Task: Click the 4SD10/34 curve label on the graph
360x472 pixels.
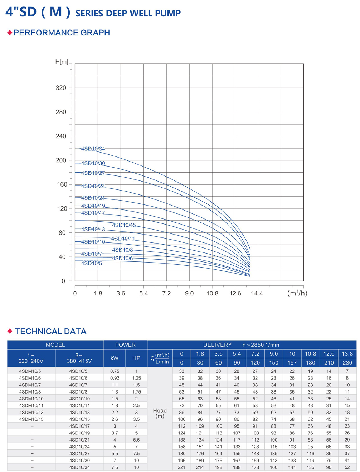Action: (93, 149)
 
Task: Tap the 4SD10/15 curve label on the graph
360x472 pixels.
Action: (124, 225)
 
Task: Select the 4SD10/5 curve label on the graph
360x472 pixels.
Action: (92, 263)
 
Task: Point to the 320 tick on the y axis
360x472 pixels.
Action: (61, 88)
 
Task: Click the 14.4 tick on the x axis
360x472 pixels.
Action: (257, 293)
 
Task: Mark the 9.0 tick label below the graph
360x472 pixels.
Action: (189, 293)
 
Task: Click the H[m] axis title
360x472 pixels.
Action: (62, 62)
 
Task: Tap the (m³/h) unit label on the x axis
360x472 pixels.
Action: (297, 293)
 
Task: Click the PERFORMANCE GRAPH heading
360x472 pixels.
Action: (62, 33)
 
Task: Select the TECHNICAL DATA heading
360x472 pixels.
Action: (51, 331)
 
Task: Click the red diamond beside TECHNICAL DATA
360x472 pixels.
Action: (10, 331)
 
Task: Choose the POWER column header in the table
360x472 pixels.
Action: (125, 345)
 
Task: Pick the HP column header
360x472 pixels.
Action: (136, 358)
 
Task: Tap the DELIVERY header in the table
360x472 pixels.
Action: (218, 345)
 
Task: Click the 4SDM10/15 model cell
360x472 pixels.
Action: (31, 419)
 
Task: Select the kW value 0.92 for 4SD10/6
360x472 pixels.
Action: (115, 378)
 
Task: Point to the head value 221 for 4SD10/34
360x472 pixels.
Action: (181, 467)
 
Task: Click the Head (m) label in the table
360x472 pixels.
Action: (160, 413)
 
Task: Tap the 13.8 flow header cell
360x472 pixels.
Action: (347, 354)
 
